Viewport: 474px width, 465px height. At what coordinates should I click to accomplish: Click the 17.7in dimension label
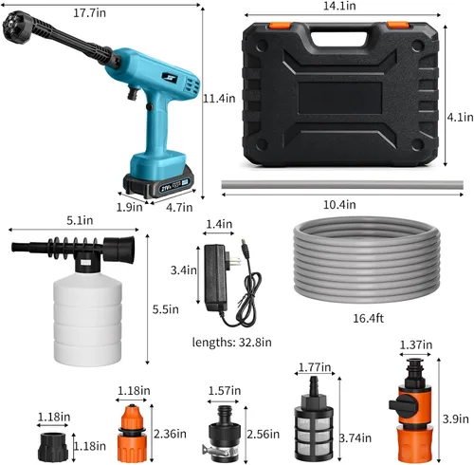pyautogui.click(x=89, y=13)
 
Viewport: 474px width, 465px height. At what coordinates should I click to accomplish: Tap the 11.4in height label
pyautogui.click(x=219, y=99)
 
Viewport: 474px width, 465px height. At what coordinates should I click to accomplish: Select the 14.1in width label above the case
pyautogui.click(x=339, y=6)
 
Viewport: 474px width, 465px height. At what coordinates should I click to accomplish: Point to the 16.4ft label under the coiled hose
pyautogui.click(x=368, y=318)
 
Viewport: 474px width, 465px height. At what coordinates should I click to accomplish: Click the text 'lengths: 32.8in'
pyautogui.click(x=231, y=342)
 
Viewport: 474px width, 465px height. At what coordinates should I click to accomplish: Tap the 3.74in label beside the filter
pyautogui.click(x=355, y=438)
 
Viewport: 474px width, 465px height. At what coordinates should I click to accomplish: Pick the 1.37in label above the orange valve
pyautogui.click(x=416, y=344)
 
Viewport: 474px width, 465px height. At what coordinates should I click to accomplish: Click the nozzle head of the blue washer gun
pyautogui.click(x=13, y=27)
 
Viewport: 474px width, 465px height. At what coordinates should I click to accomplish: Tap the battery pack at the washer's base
pyautogui.click(x=158, y=182)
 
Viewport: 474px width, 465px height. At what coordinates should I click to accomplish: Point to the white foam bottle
pyautogui.click(x=87, y=318)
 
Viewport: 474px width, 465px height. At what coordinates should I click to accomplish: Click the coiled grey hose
pyautogui.click(x=367, y=259)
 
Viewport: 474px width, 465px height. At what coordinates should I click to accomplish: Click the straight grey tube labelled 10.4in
pyautogui.click(x=342, y=184)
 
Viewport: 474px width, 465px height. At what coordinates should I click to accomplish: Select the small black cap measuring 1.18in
pyautogui.click(x=53, y=447)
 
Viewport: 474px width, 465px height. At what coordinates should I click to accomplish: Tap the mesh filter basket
pyautogui.click(x=314, y=434)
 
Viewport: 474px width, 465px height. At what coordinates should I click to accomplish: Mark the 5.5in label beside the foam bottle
pyautogui.click(x=166, y=309)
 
